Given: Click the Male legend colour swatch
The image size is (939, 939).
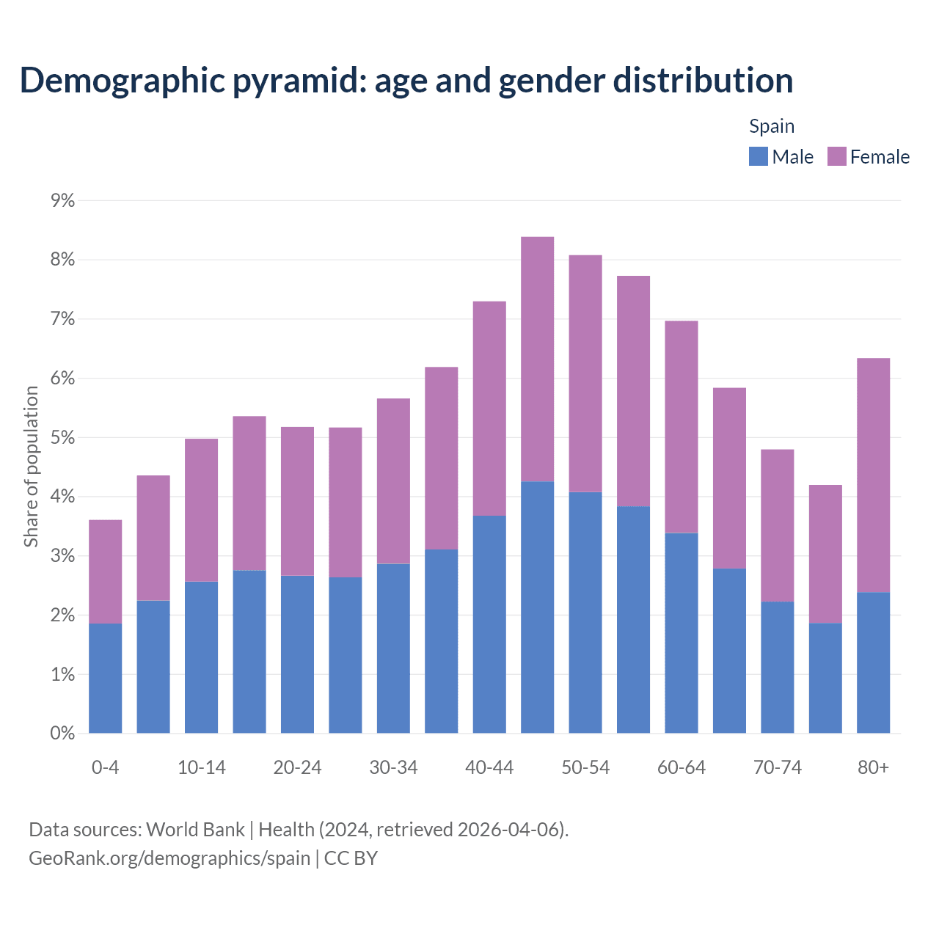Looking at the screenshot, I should [758, 156].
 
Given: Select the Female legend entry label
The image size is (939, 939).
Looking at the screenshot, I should [880, 157].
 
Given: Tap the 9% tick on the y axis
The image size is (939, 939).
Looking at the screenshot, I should [63, 200].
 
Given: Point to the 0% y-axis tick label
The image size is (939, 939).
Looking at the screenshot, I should [63, 733].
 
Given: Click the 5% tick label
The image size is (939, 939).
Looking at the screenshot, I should [63, 437].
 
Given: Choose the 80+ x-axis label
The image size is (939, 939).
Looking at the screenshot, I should [873, 767].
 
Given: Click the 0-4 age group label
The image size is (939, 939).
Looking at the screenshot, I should [106, 767].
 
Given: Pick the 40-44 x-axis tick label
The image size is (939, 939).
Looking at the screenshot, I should [489, 767].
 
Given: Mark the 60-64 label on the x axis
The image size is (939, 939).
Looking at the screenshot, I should [682, 767].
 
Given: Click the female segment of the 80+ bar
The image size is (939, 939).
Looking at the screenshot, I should [873, 475].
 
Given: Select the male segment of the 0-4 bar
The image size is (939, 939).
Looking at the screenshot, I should [106, 678].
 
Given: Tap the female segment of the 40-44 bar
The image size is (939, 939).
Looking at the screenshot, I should [489, 409].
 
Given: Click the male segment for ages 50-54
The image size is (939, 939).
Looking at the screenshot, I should [585, 613].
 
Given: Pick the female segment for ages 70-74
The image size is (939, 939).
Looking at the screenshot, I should [777, 525].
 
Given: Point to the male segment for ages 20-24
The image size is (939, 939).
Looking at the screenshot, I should [297, 654].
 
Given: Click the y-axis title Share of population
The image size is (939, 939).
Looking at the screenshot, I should [31, 467].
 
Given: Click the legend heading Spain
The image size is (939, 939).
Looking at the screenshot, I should [772, 126].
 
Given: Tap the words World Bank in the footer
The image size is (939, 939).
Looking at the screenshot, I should [195, 829].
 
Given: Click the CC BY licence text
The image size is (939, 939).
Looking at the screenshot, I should [351, 858].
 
